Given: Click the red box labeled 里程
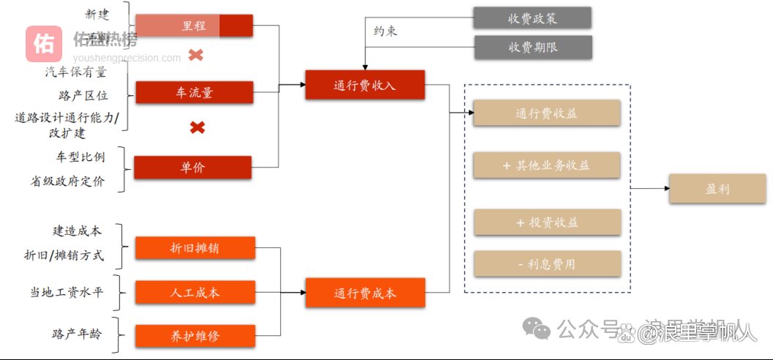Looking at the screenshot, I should (194, 26).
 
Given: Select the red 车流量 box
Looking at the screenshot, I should (194, 93).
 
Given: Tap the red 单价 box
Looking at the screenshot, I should (193, 167).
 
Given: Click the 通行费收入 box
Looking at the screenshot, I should (365, 85).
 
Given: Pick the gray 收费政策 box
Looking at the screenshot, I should (532, 18).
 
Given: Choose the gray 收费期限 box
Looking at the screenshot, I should (532, 48).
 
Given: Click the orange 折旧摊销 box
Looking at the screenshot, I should (195, 248).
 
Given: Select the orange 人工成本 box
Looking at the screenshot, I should (195, 293).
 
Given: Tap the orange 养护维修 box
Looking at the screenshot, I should (195, 336).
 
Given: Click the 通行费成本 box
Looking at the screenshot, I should (365, 293).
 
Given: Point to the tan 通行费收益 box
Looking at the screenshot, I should (547, 113).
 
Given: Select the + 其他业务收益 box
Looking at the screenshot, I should (547, 165).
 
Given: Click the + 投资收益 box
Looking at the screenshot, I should (547, 222).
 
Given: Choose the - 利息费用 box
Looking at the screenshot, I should (547, 264).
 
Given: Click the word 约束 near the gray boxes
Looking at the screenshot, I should (386, 32).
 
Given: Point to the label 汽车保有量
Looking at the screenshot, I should (75, 72).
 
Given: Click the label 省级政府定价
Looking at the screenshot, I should (67, 181).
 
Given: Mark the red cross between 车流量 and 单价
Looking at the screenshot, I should (197, 128).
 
